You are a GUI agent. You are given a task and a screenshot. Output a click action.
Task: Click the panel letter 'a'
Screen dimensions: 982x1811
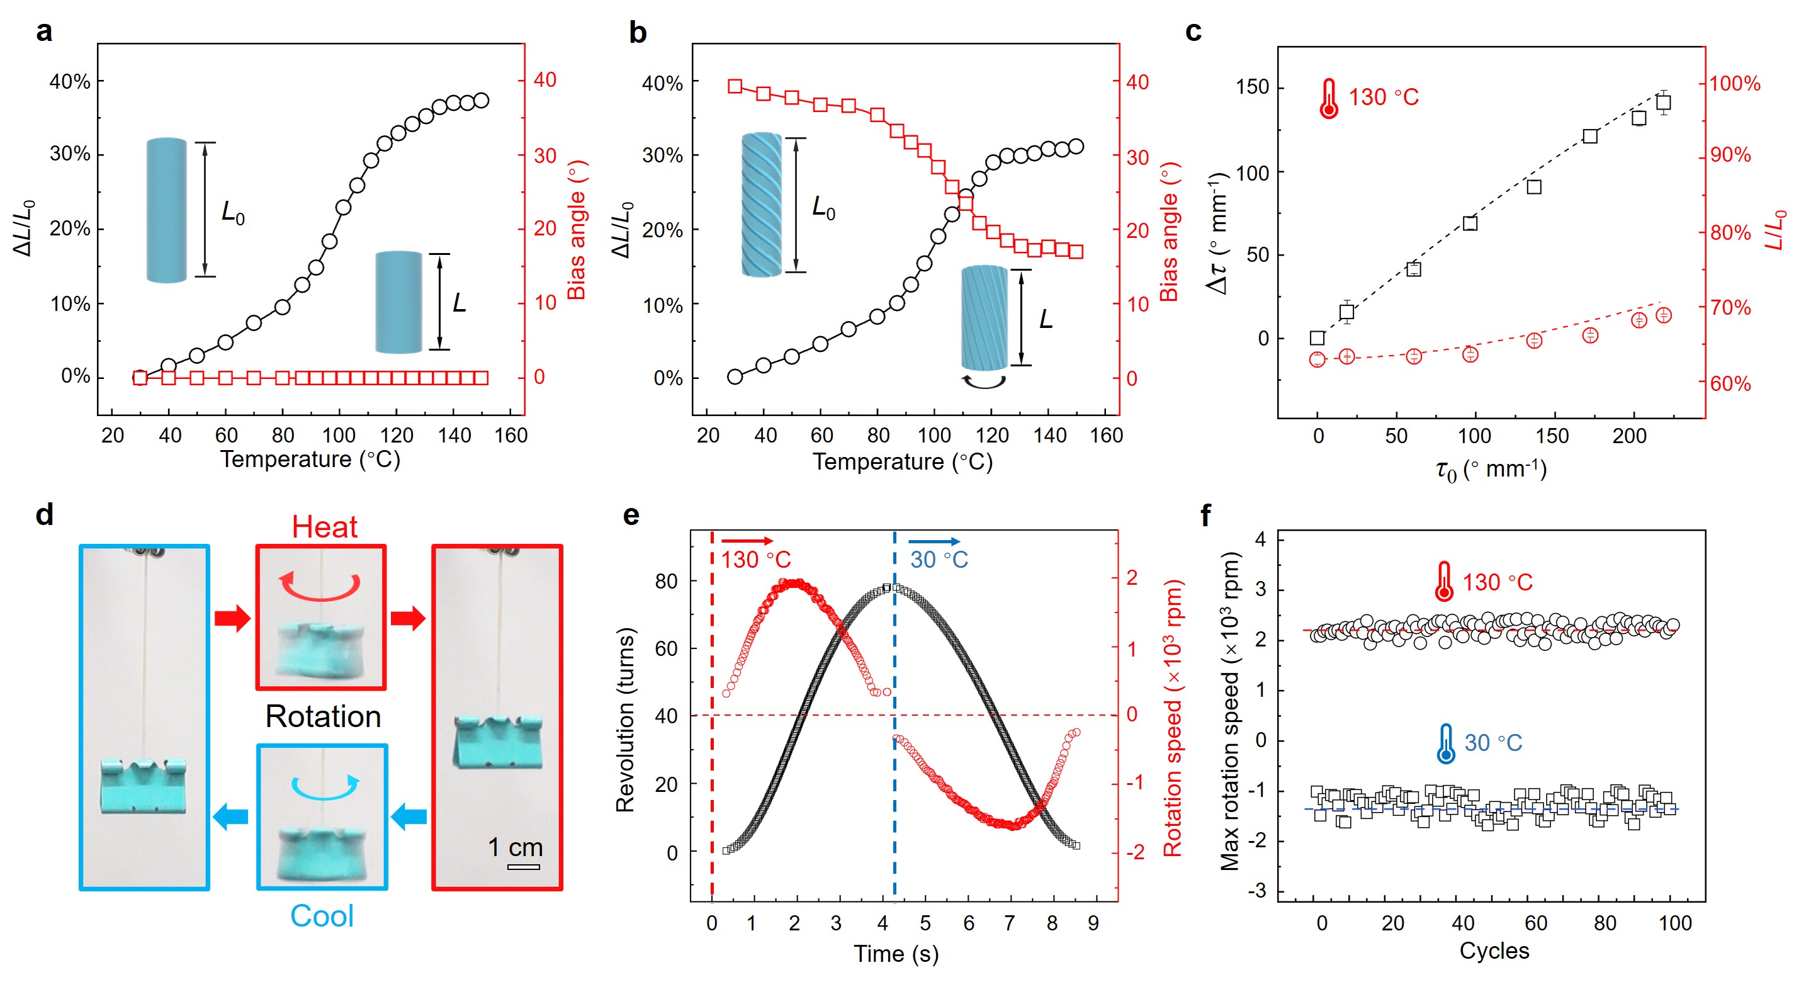43,31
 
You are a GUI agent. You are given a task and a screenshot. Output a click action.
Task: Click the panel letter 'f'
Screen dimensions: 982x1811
1205,516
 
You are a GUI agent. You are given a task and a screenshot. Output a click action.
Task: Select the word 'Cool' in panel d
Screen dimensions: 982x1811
322,916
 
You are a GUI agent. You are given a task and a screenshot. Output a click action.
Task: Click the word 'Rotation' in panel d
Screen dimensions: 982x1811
324,716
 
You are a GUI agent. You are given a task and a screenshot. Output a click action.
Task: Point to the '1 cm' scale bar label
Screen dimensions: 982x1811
516,847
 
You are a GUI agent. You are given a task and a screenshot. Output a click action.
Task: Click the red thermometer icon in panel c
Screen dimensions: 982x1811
1328,98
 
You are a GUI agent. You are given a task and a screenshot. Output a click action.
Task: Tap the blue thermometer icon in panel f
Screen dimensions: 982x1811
1445,743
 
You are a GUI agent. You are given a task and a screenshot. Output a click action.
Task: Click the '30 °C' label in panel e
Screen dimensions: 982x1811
939,560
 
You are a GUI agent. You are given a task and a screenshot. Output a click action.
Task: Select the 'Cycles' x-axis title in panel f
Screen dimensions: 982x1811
1494,951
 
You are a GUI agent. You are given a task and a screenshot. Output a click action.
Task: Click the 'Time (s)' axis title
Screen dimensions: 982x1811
896,954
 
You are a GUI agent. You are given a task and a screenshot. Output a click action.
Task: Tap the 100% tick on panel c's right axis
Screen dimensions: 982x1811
1734,84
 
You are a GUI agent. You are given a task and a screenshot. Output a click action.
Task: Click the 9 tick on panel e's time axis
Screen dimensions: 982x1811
1093,923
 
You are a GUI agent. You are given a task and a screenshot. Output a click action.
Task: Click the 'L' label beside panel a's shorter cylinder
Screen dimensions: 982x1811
459,303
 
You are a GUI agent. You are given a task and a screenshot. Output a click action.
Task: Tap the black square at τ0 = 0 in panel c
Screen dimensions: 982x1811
1317,338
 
